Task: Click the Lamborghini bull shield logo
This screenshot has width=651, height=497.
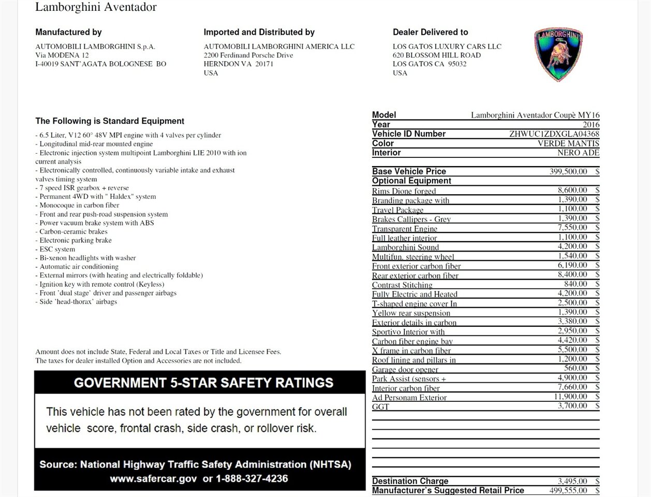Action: click(558, 54)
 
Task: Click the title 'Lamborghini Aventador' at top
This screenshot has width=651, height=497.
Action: click(96, 7)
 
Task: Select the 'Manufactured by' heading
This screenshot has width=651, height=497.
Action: click(68, 32)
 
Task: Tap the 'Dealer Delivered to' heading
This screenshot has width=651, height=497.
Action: click(430, 32)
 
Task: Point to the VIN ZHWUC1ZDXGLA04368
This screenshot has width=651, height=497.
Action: click(554, 134)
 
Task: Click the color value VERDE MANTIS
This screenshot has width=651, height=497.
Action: click(568, 143)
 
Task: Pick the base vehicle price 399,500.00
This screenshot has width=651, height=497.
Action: click(568, 171)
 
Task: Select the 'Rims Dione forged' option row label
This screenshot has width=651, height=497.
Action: click(404, 191)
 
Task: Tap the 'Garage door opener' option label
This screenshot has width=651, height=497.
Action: click(405, 370)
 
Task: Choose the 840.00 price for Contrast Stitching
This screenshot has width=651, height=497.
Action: click(575, 284)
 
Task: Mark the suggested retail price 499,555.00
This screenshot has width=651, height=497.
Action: click(568, 490)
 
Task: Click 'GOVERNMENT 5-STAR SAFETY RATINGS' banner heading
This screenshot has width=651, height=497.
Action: click(203, 383)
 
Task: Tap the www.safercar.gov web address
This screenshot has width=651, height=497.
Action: click(153, 478)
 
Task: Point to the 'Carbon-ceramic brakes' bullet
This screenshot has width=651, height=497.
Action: click(73, 231)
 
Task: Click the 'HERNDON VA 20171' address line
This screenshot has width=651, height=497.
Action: click(238, 64)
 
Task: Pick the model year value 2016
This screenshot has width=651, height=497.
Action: click(591, 125)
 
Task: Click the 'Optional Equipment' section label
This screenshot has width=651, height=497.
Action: click(411, 181)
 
